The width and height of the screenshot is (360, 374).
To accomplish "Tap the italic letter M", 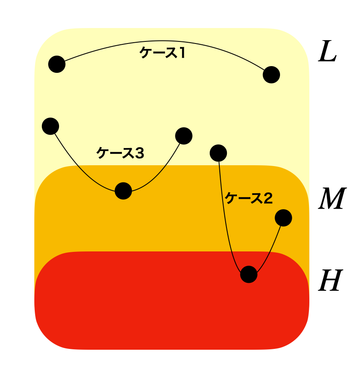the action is pyautogui.click(x=331, y=199).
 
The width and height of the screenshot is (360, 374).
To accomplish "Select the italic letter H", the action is pyautogui.click(x=330, y=281).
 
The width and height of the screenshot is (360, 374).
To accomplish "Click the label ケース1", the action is pyautogui.click(x=162, y=53).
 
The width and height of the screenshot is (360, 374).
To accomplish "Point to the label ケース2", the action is pyautogui.click(x=249, y=198).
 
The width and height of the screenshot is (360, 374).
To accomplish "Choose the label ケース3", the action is pyautogui.click(x=120, y=154).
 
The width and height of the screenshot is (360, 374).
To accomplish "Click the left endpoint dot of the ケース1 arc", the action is pyautogui.click(x=57, y=64).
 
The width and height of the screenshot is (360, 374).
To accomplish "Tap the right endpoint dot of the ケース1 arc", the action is pyautogui.click(x=271, y=75).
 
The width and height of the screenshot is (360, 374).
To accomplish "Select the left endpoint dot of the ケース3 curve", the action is pyautogui.click(x=50, y=126).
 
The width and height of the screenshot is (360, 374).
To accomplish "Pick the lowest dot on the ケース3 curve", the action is pyautogui.click(x=123, y=191).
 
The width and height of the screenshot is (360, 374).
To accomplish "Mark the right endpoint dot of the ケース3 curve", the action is pyautogui.click(x=183, y=136).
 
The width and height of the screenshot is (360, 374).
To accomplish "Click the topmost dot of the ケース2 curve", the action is pyautogui.click(x=218, y=153).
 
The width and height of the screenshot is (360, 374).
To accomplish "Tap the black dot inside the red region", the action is pyautogui.click(x=249, y=274).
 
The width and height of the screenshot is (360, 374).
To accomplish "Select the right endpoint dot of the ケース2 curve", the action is pyautogui.click(x=283, y=218).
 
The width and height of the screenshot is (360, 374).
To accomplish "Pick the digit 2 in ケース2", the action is pyautogui.click(x=268, y=198).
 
